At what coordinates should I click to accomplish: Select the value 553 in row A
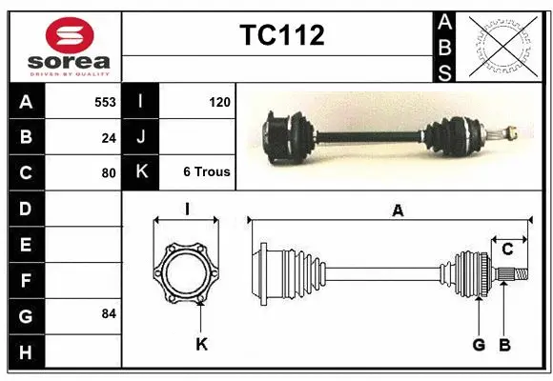[105, 101]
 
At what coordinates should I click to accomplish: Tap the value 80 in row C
[109, 173]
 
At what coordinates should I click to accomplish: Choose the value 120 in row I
[219, 101]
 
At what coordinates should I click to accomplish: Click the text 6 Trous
[206, 172]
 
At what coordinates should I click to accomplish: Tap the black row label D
[25, 209]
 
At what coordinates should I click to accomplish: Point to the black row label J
[140, 137]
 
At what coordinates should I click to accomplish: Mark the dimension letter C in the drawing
[507, 250]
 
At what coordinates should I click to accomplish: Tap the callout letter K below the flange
[201, 344]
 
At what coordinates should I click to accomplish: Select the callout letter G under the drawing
[479, 344]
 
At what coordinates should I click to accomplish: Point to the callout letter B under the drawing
[505, 344]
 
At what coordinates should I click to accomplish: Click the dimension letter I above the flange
[188, 209]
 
